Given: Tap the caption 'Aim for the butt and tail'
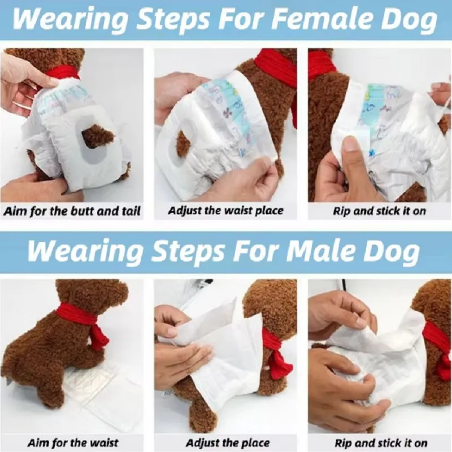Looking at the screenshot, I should coord(72,211).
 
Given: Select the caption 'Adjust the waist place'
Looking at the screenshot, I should coord(226,211).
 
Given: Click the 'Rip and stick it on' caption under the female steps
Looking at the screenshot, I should coord(380,211).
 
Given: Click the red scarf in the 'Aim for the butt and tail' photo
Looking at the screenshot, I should coord(62,72).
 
